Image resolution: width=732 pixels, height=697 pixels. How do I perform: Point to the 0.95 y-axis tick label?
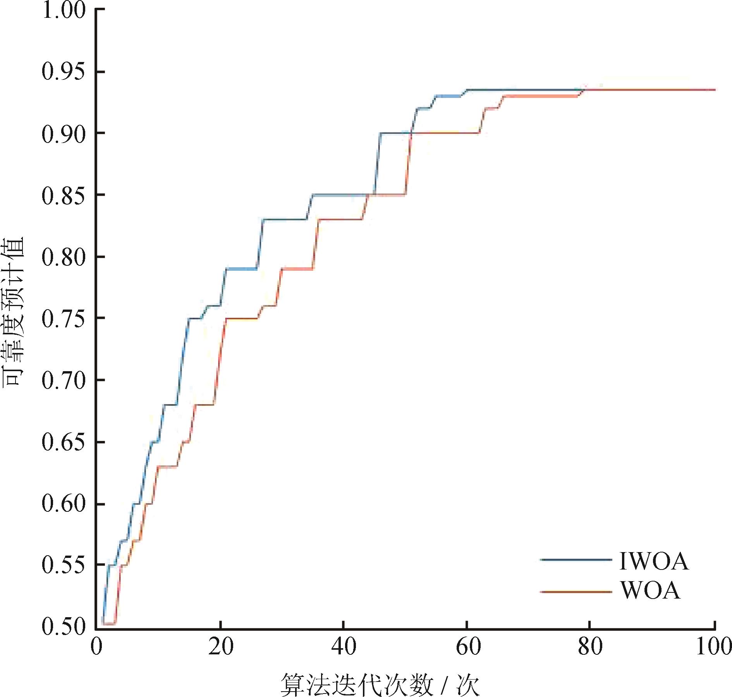point(63,72)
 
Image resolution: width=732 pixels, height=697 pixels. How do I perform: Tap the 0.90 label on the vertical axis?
point(63,134)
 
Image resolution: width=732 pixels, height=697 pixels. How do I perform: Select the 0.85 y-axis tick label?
point(63,196)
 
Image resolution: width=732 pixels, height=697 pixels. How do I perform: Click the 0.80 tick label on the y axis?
point(63,257)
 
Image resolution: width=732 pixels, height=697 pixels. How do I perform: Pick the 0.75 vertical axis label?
point(63,319)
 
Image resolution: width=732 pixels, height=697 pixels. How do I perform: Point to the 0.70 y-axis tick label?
point(63,380)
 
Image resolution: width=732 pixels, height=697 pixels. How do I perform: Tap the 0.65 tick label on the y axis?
point(63,442)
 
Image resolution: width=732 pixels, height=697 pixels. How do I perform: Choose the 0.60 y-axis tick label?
point(63,504)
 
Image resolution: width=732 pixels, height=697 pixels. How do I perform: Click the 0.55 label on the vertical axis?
point(63,566)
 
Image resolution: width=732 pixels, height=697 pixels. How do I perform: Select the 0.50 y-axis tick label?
point(63,627)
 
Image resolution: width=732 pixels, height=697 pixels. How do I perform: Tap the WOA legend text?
point(651,590)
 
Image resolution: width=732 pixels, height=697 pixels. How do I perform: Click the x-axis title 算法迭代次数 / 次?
point(380,684)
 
